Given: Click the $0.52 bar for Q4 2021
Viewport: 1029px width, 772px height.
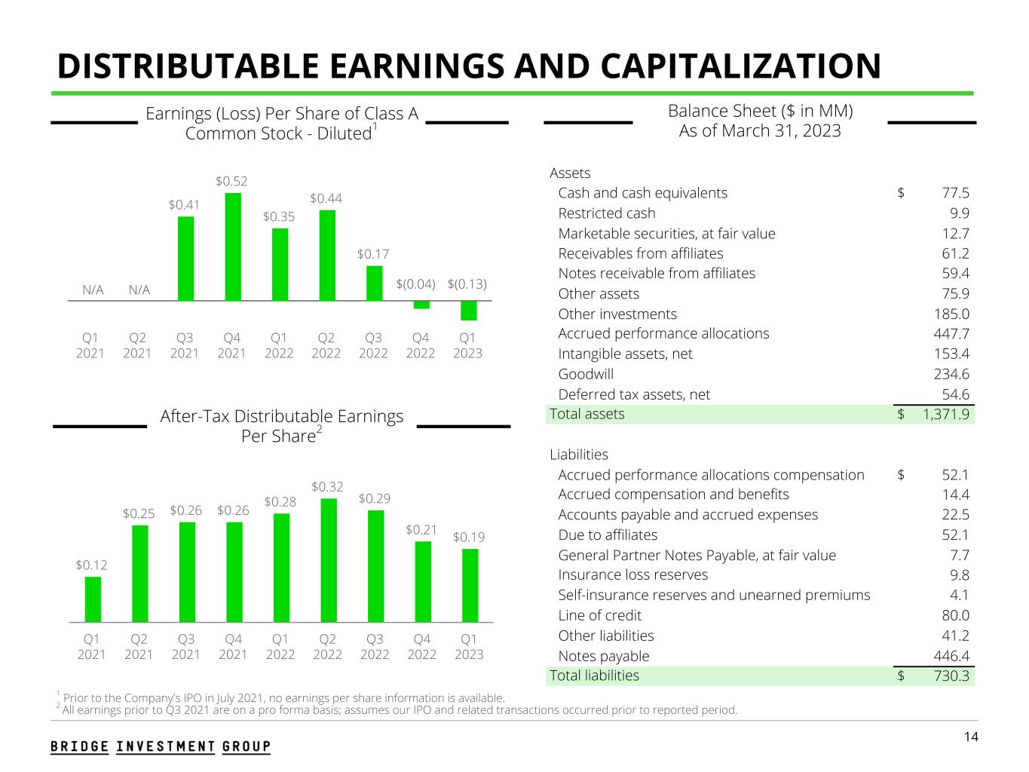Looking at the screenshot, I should pos(232,247).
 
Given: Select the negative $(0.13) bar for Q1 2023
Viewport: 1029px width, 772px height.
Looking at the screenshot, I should pos(468,311).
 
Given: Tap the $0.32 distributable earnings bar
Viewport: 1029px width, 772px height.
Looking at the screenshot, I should pos(328,560).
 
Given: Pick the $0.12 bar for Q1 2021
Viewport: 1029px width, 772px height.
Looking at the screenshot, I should pos(92,599).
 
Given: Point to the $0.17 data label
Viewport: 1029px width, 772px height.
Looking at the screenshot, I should pos(373,254).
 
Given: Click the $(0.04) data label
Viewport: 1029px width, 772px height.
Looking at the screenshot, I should pos(416,284).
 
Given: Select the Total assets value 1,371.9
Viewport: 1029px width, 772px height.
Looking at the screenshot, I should pos(945,414).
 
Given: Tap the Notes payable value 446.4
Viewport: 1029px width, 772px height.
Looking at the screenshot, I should pos(951,656).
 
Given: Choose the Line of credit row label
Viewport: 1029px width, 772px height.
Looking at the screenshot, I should pos(599,615).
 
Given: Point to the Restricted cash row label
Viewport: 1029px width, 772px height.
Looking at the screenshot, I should pos(606,213).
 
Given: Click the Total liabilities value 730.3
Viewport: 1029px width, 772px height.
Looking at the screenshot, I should pos(951,675).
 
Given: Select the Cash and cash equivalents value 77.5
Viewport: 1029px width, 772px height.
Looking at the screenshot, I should pos(955,193).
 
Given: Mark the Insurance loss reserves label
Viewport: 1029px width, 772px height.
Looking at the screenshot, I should pos(632,574).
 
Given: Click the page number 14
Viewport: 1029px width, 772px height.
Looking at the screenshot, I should pos(971,737).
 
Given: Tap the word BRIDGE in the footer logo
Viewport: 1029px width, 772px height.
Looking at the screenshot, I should pos(79,746).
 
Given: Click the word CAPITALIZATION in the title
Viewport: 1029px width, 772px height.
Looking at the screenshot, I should pos(741,66).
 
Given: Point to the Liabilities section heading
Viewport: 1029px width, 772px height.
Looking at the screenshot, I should pos(578,455).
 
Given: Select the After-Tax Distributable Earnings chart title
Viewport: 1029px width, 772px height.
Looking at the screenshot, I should pos(281,426).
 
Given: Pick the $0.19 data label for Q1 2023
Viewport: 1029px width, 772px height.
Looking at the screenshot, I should pos(468,538).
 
